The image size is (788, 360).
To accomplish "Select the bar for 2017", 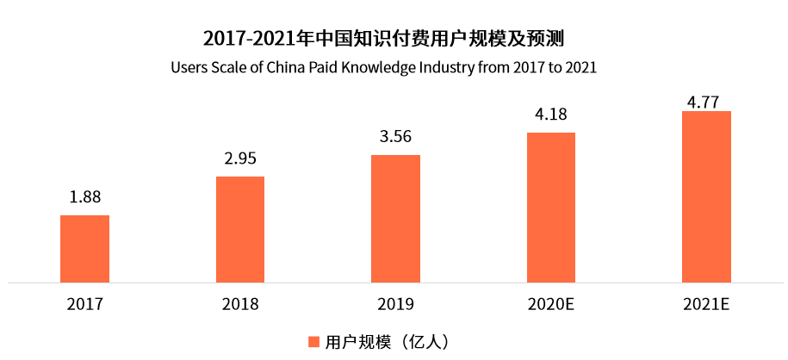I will point(84,248).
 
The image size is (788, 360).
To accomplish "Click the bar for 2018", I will point(240,229).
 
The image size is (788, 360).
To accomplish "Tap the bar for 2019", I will point(395,218).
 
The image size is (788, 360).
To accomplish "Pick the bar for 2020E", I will point(550,207).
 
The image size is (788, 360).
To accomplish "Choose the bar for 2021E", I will point(706,196).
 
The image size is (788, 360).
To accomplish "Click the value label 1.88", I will point(85,197).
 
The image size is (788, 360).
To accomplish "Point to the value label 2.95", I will point(240,158).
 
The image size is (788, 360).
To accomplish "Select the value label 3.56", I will point(395,137).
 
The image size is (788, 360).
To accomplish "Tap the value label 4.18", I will point(550,115).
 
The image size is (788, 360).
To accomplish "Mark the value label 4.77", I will point(706,102).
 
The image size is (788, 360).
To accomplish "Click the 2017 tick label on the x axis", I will point(84,304).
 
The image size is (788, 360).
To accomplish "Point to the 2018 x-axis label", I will point(240,304).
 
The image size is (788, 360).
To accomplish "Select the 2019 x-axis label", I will point(395,304).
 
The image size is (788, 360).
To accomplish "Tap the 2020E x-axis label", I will point(550,304).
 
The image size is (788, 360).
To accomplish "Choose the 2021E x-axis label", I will point(706,304).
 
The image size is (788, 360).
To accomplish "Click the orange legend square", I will point(314,342).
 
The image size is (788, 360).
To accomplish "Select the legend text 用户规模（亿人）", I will point(387,342).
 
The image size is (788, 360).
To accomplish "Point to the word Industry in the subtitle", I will point(467,67).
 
